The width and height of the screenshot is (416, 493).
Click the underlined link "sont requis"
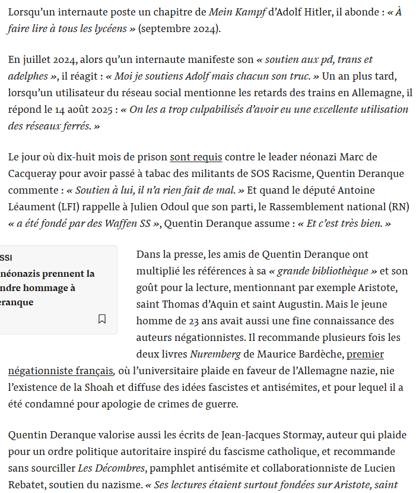pyautogui.click(x=196, y=157)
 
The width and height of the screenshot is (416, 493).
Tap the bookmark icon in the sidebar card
pyautogui.click(x=102, y=319)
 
